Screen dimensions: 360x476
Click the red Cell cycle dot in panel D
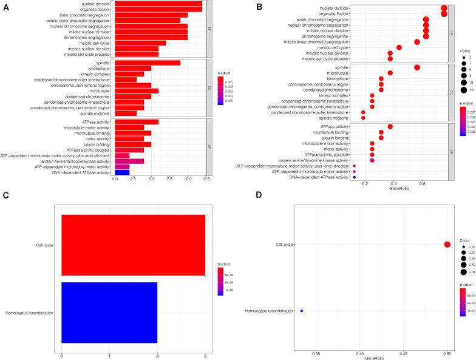click(x=447, y=245)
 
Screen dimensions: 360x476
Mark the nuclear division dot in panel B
click(x=444, y=7)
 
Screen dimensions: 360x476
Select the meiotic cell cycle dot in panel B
click(x=399, y=47)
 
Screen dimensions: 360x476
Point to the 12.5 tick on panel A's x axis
click(x=206, y=180)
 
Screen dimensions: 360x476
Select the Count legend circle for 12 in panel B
click(x=463, y=90)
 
